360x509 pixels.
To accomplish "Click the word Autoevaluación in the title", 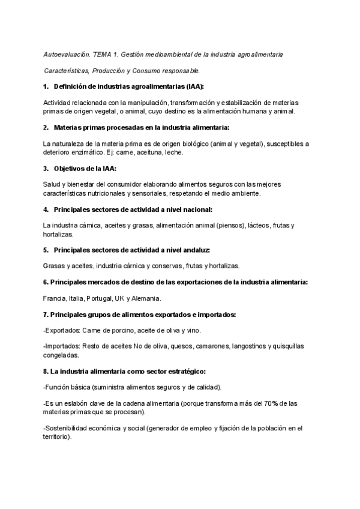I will (66, 55).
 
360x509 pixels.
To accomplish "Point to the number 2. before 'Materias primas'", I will (46, 128).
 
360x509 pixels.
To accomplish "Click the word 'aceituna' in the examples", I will (144, 152).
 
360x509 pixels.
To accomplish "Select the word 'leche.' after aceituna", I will (174, 152).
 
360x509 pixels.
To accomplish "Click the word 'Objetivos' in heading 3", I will (70, 169).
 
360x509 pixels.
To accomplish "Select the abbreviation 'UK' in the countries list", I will (119, 298).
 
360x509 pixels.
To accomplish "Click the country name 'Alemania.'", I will (148, 298).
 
